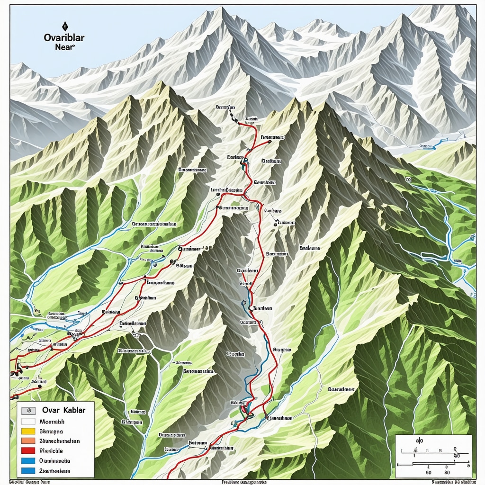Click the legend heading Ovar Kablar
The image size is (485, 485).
tap(63, 410)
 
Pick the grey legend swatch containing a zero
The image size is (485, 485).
tap(29, 411)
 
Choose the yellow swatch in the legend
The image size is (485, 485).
tap(29, 431)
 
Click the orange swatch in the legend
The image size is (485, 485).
tap(29, 441)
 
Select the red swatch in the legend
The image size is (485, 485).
tap(29, 451)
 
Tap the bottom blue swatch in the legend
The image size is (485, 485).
tap(29, 471)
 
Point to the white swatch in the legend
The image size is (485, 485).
tap(29, 421)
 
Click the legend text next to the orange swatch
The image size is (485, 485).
tap(60, 441)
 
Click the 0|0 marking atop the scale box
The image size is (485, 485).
tap(419, 440)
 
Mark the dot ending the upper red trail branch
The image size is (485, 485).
tap(269, 141)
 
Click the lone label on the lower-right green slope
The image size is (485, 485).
tap(341, 389)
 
